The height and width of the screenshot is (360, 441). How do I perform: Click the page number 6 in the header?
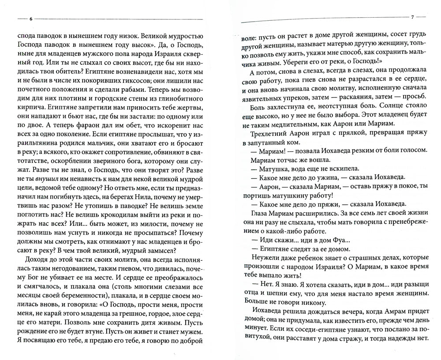pyautogui.click(x=30, y=20)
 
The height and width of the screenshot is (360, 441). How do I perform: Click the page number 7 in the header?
pyautogui.click(x=411, y=17)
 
